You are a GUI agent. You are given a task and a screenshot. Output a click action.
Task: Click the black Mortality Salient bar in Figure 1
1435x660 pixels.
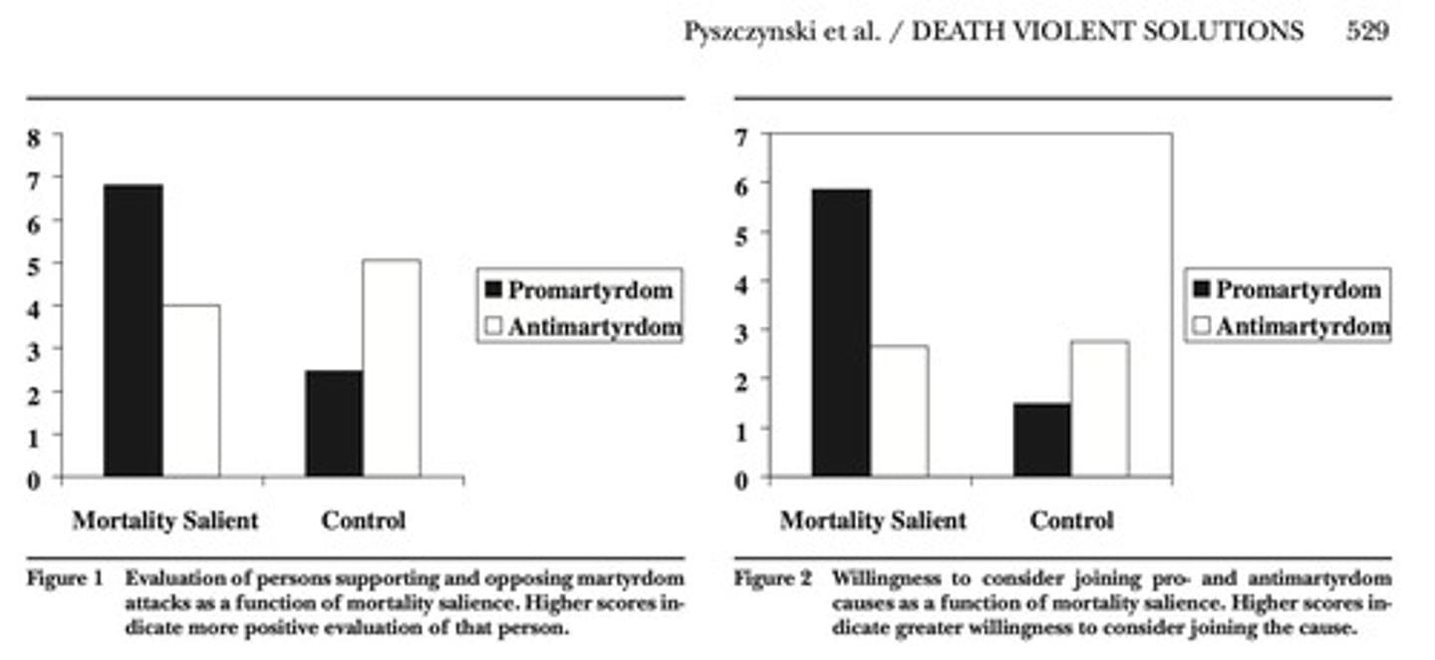134,330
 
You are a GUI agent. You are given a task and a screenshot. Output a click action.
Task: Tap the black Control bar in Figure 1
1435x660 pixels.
334,424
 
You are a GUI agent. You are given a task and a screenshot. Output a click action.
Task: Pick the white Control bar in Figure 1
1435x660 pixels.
391,368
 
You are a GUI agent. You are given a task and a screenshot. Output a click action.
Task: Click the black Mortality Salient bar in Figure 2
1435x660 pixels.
841,333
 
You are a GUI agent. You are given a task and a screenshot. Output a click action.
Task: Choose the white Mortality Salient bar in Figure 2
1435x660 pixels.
899,411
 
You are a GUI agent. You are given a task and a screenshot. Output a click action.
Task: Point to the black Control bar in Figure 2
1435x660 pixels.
1041,440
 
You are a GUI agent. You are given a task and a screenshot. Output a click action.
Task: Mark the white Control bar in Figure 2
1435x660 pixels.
1099,409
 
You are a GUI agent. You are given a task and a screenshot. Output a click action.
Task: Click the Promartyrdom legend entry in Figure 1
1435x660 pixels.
579,290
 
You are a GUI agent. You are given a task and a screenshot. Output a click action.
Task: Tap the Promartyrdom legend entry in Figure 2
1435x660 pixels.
1287,290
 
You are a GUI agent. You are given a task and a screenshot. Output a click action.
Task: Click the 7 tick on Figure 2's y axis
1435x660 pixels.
740,137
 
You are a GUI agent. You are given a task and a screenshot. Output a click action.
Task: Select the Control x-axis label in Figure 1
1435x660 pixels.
363,520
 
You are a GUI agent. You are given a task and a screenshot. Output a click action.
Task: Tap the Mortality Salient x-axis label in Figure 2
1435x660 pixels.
873,520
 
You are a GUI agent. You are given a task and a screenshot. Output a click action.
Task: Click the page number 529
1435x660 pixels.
1366,32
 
